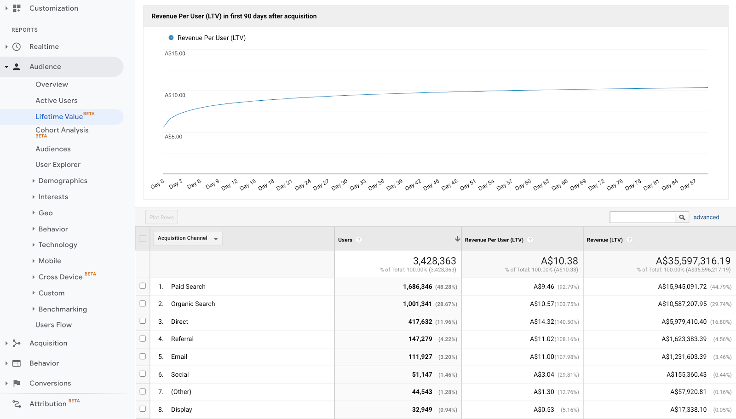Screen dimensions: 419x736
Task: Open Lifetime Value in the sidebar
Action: pyautogui.click(x=59, y=117)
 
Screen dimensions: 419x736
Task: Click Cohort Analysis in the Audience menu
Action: pyautogui.click(x=62, y=130)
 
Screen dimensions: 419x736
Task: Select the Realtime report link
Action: pyautogui.click(x=44, y=47)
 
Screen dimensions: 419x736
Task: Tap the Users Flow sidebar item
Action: pyautogui.click(x=53, y=325)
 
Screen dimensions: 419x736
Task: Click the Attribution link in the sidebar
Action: pyautogui.click(x=48, y=404)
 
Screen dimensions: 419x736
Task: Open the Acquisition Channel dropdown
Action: pyautogui.click(x=187, y=238)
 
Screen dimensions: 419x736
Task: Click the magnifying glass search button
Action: pyautogui.click(x=682, y=218)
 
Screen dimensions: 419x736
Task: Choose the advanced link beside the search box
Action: pyautogui.click(x=706, y=218)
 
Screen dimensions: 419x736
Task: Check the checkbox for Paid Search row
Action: pyautogui.click(x=143, y=286)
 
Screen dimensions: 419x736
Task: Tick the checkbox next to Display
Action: pyautogui.click(x=143, y=409)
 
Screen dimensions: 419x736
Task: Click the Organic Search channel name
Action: pyautogui.click(x=193, y=304)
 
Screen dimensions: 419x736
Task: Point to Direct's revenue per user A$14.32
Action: pyautogui.click(x=542, y=322)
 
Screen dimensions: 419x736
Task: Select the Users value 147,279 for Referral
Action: pyautogui.click(x=420, y=339)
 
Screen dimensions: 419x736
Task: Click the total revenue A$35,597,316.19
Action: pyautogui.click(x=693, y=261)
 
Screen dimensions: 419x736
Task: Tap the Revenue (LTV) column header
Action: pyautogui.click(x=604, y=240)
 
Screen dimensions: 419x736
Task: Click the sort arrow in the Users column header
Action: pyautogui.click(x=457, y=239)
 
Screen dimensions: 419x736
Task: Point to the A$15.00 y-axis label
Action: pyautogui.click(x=175, y=54)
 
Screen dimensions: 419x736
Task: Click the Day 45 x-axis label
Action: pyautogui.click(x=431, y=185)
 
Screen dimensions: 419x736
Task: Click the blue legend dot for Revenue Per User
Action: pyautogui.click(x=171, y=38)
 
